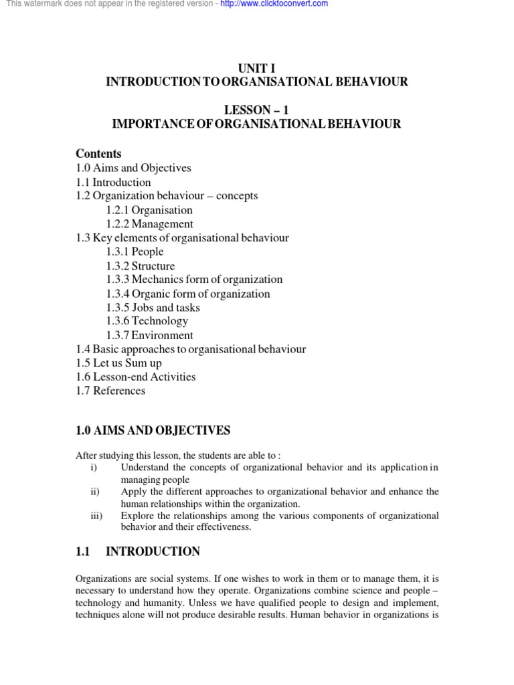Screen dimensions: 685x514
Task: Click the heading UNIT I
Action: (257, 68)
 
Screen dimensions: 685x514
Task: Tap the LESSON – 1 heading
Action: (257, 110)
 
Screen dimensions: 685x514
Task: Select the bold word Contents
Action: (98, 154)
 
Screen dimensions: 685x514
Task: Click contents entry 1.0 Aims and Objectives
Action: (133, 168)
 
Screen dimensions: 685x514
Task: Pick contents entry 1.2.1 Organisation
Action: (149, 210)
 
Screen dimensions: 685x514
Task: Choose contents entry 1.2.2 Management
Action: (149, 224)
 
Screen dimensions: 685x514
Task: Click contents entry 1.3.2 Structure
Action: (141, 266)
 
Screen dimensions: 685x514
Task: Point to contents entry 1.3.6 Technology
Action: (147, 321)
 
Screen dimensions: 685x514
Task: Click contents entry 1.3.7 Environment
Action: (149, 335)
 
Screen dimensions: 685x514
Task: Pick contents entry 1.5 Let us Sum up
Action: (118, 363)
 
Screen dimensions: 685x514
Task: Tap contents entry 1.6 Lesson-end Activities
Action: (136, 377)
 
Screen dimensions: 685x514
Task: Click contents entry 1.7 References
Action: (110, 391)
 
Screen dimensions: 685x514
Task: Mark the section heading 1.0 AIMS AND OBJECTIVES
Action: (153, 430)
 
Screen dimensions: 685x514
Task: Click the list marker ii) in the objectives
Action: (94, 492)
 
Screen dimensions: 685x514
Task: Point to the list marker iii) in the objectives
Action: (95, 516)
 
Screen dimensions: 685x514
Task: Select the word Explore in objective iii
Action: (137, 516)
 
